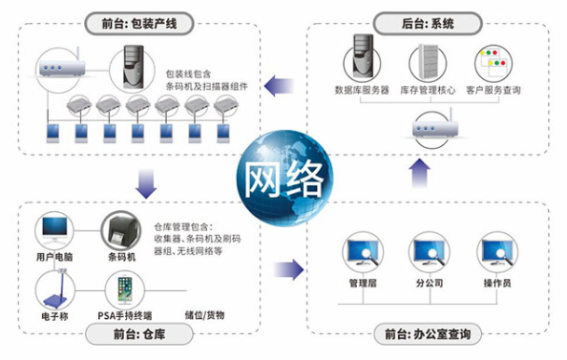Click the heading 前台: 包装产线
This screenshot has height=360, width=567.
[139, 24]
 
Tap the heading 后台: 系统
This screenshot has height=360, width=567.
[428, 24]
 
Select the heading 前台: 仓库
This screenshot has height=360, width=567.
[139, 334]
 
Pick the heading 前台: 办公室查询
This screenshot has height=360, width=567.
[428, 334]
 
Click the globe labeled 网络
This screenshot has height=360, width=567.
[284, 178]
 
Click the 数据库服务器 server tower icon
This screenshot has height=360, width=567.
[363, 57]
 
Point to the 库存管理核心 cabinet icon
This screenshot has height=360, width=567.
[429, 61]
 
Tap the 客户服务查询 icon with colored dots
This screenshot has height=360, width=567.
[493, 62]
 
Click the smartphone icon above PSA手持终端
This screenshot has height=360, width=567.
[125, 289]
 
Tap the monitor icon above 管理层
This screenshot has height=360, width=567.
[363, 252]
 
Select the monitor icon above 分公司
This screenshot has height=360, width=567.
[430, 252]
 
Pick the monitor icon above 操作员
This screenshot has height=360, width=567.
[497, 252]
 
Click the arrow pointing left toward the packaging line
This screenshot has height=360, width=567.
[279, 86]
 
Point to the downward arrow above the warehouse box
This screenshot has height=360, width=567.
[146, 183]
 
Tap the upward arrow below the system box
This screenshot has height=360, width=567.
[419, 173]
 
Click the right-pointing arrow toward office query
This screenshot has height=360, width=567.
[288, 270]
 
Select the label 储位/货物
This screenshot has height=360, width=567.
[204, 315]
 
